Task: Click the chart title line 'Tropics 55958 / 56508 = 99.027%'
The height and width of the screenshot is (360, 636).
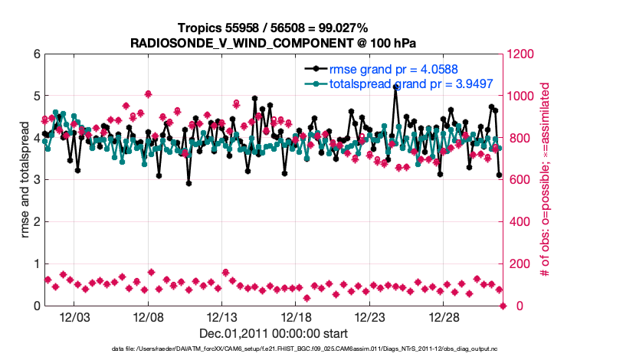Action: (x=274, y=28)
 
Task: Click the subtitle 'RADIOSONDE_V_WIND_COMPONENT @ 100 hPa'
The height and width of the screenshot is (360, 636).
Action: (x=274, y=42)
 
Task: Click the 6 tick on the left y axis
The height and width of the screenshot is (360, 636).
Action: (x=35, y=55)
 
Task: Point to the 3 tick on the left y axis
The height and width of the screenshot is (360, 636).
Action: (x=35, y=181)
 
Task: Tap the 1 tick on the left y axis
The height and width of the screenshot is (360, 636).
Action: (x=35, y=264)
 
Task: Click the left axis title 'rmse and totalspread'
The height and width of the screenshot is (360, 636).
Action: (x=25, y=180)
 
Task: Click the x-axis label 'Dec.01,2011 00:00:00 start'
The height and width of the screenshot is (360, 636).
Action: (x=274, y=333)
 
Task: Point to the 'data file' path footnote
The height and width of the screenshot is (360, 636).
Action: (x=274, y=349)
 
